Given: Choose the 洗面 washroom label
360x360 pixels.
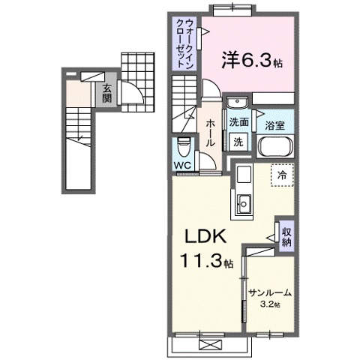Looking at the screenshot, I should point(239,122).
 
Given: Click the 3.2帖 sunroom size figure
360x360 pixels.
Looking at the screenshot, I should point(270,305).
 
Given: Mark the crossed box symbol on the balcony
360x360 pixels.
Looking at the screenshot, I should point(208,343).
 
